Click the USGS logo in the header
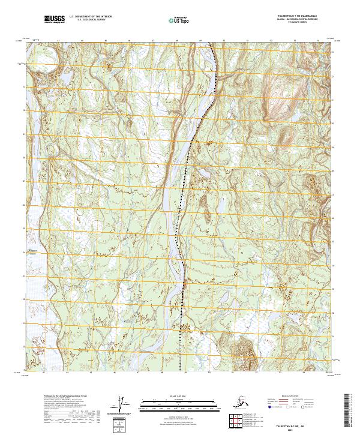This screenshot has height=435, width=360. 53,19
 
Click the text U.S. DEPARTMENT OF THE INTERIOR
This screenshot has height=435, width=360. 91,17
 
